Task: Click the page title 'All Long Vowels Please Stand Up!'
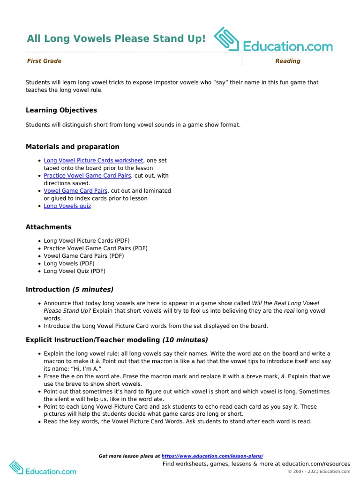(116, 38)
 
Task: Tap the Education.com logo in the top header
(273, 40)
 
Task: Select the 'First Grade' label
(44, 61)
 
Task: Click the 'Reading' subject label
(287, 61)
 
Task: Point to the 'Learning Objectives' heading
(61, 110)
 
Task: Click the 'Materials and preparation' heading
(72, 147)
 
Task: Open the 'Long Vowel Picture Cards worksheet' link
(93, 160)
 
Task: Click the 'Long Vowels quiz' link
(67, 206)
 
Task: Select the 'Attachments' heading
(48, 227)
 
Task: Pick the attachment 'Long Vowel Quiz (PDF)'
(75, 271)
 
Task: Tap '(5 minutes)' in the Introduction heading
(93, 289)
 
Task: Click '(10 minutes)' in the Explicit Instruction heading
(185, 340)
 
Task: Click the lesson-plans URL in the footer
(212, 456)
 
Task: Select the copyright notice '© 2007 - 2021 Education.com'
(319, 472)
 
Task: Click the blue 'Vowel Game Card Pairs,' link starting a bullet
(76, 191)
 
